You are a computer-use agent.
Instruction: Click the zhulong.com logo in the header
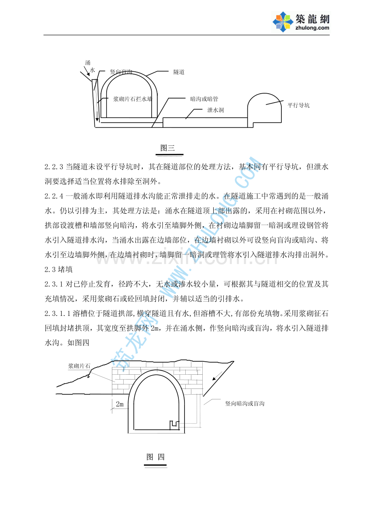click(301, 22)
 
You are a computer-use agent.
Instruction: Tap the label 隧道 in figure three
click(179, 72)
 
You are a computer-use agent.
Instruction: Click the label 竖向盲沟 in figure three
click(121, 72)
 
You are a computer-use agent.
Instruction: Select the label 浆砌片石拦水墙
click(133, 99)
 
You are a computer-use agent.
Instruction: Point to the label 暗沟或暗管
click(204, 99)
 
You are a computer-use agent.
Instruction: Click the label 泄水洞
click(215, 110)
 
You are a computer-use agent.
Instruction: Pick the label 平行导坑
click(298, 105)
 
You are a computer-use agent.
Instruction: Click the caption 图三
click(167, 148)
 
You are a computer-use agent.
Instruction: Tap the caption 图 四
click(155, 457)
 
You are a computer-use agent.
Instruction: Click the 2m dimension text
click(120, 404)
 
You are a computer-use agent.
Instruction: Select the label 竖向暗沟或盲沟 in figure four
click(245, 404)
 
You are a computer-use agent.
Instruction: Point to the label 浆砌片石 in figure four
click(79, 366)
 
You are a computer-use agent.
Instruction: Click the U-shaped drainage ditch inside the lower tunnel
click(174, 425)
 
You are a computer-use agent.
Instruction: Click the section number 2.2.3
click(54, 167)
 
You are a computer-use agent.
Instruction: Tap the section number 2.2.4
click(54, 196)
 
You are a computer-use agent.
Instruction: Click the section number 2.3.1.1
click(58, 313)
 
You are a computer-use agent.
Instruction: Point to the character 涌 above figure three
click(88, 63)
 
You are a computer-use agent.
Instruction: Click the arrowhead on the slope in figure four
click(214, 378)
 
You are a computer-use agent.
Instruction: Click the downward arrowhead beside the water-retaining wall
click(97, 120)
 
